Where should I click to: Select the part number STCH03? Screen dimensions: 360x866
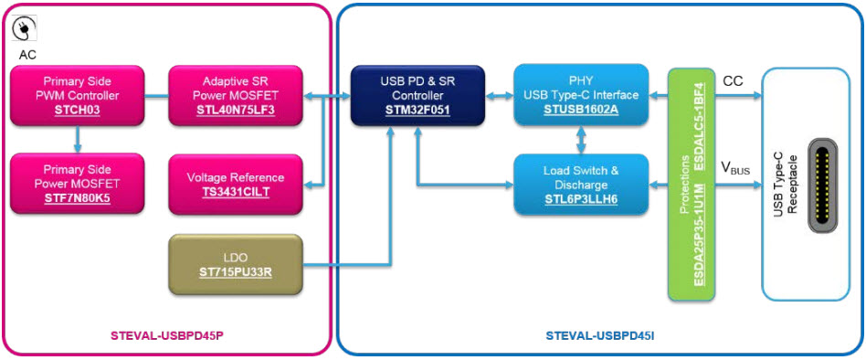coord(76,111)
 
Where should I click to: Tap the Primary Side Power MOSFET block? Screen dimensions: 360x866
coord(77,183)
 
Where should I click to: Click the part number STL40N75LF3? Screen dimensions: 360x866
coord(234,111)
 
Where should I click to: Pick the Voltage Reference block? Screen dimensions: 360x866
coord(234,184)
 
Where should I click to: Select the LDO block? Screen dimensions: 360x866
coord(235,264)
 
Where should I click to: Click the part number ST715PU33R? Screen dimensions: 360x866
coord(235,272)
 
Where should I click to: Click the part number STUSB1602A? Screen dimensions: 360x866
coord(580,111)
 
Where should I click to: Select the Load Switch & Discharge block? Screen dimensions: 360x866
coord(580,183)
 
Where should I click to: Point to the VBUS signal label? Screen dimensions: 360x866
coord(736,168)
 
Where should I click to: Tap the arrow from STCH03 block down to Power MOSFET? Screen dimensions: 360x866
coord(77,139)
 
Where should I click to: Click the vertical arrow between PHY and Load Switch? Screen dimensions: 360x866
coord(580,139)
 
